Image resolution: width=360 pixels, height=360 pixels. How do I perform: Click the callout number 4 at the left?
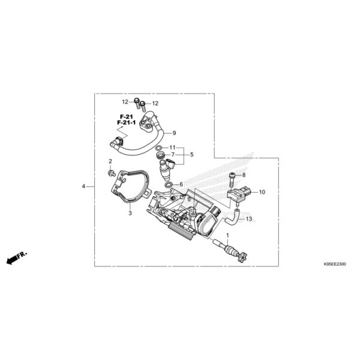83,186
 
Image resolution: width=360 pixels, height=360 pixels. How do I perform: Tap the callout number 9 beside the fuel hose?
174,133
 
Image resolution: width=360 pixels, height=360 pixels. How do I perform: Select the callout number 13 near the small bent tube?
249,219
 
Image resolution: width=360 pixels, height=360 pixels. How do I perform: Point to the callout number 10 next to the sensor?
262,192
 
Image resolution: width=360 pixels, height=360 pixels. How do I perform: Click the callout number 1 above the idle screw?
227,235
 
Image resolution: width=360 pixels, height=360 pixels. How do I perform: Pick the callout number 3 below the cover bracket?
130,213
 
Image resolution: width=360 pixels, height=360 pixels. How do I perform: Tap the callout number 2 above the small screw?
110,161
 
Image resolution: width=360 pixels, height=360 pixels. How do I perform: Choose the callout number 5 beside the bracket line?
192,155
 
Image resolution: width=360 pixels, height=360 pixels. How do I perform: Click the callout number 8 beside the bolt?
244,175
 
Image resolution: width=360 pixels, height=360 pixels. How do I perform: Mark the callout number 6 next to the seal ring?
181,184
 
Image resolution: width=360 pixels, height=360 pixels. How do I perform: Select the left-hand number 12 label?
125,102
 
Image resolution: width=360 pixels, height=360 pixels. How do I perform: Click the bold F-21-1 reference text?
126,122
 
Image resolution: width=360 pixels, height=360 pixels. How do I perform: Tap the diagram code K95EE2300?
335,264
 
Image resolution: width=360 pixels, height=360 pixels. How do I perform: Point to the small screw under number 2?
112,173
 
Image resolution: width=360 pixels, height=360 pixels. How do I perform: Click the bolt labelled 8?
232,180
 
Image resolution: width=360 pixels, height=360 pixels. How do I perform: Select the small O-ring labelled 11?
159,148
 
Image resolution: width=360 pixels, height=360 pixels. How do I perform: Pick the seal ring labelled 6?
169,185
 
